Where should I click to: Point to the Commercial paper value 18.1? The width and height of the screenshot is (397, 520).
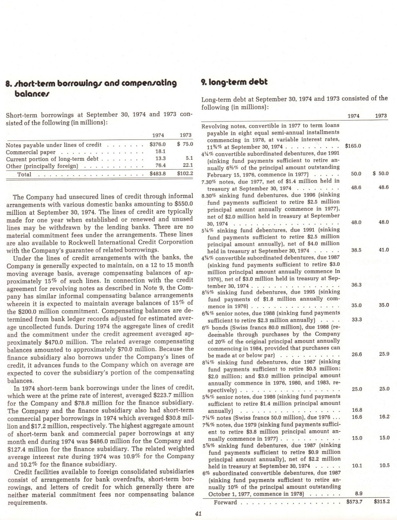click(160, 151)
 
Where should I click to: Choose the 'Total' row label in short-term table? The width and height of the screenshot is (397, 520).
click(24, 174)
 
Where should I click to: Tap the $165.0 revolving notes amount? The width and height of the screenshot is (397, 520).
click(354, 146)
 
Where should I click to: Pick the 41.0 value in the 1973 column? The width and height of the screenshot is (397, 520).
click(384, 250)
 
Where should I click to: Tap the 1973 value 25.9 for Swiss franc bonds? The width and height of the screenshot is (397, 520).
click(384, 354)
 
